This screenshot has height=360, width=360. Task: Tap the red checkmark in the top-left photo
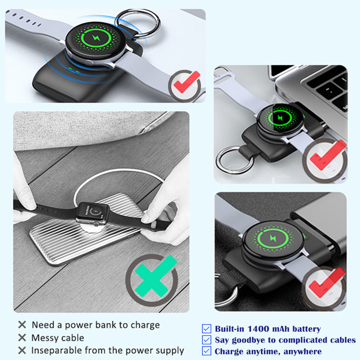pos(186,82)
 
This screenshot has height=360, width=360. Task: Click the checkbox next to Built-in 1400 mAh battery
pos(207,328)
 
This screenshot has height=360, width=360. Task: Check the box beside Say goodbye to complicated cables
pos(207,340)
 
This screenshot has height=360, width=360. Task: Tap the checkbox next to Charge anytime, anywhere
pos(207,351)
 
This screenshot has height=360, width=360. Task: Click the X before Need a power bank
pos(22,324)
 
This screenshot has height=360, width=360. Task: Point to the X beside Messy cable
pos(22,337)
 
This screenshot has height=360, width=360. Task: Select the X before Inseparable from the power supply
pos(22,351)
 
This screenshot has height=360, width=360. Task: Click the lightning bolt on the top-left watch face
pos(96,38)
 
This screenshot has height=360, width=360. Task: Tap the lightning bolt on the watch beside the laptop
pos(280,118)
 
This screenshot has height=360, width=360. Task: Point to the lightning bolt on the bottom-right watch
pos(273,238)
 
